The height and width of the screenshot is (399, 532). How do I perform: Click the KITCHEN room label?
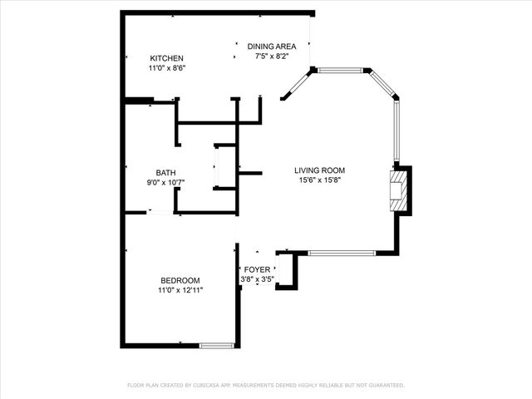coord(166,57)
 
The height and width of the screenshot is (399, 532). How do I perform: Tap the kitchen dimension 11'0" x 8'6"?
coord(166,68)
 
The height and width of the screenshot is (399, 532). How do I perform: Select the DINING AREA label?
coord(272,47)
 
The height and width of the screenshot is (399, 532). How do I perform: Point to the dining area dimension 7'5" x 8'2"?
coord(272,57)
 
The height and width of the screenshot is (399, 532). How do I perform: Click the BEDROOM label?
coord(180,280)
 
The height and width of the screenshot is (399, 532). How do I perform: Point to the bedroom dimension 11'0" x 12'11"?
coord(180,291)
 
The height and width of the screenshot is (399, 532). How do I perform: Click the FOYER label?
coord(256,270)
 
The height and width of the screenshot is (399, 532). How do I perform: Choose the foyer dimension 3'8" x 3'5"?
coord(257,280)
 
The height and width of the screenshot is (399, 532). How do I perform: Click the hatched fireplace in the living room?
coord(400,190)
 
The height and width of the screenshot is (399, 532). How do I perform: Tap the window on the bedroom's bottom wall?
coord(219,344)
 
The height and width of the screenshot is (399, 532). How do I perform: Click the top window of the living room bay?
coord(341,71)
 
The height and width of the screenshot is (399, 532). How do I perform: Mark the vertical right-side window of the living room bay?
coord(397,131)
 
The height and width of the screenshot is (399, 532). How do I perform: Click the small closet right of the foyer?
coord(286,270)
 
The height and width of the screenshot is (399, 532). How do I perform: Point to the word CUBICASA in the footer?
coord(215,386)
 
